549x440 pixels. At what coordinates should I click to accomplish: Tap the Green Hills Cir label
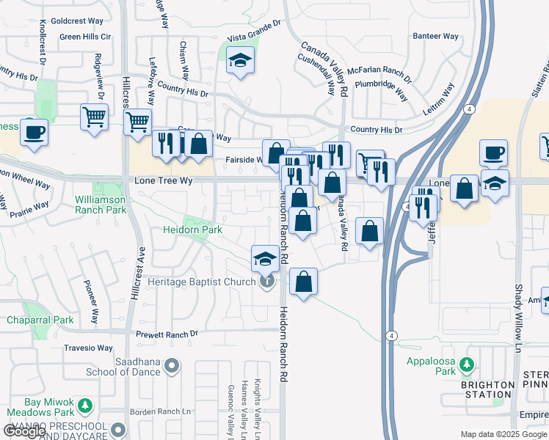tap(85, 37)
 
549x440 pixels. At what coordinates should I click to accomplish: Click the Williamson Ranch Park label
tap(100, 205)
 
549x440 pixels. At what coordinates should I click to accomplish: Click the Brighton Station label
tap(487, 389)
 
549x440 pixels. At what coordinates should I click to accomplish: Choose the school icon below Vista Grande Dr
tap(240, 62)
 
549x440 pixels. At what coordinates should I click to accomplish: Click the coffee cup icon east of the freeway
tap(493, 153)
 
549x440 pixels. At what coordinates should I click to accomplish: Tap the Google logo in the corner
tap(24, 431)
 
